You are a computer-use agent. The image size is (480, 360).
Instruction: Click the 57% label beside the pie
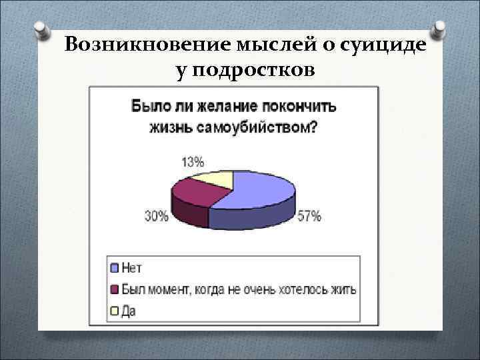[x=309, y=216]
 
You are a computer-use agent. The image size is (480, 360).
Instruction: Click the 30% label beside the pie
[x=156, y=216]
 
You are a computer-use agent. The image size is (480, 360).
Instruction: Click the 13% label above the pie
[x=193, y=162]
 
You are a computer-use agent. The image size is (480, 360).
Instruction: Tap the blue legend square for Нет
[x=115, y=268]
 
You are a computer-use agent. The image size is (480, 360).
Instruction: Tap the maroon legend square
[x=115, y=289]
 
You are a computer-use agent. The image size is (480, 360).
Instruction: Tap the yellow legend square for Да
[x=115, y=310]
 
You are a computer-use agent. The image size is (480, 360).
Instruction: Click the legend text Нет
[x=132, y=268]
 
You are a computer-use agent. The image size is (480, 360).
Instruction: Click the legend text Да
[x=128, y=311]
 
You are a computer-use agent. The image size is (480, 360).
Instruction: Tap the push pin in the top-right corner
[x=440, y=28]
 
